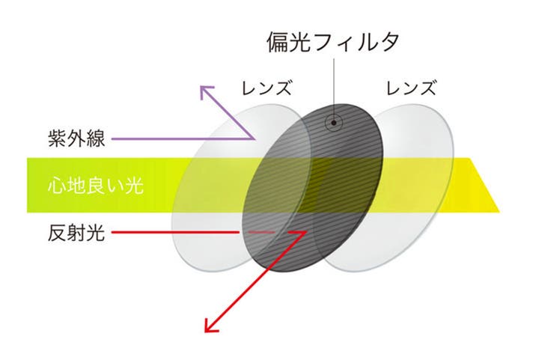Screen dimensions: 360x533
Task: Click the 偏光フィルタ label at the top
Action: pos(332,42)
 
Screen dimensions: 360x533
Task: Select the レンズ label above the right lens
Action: pos(410,88)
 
